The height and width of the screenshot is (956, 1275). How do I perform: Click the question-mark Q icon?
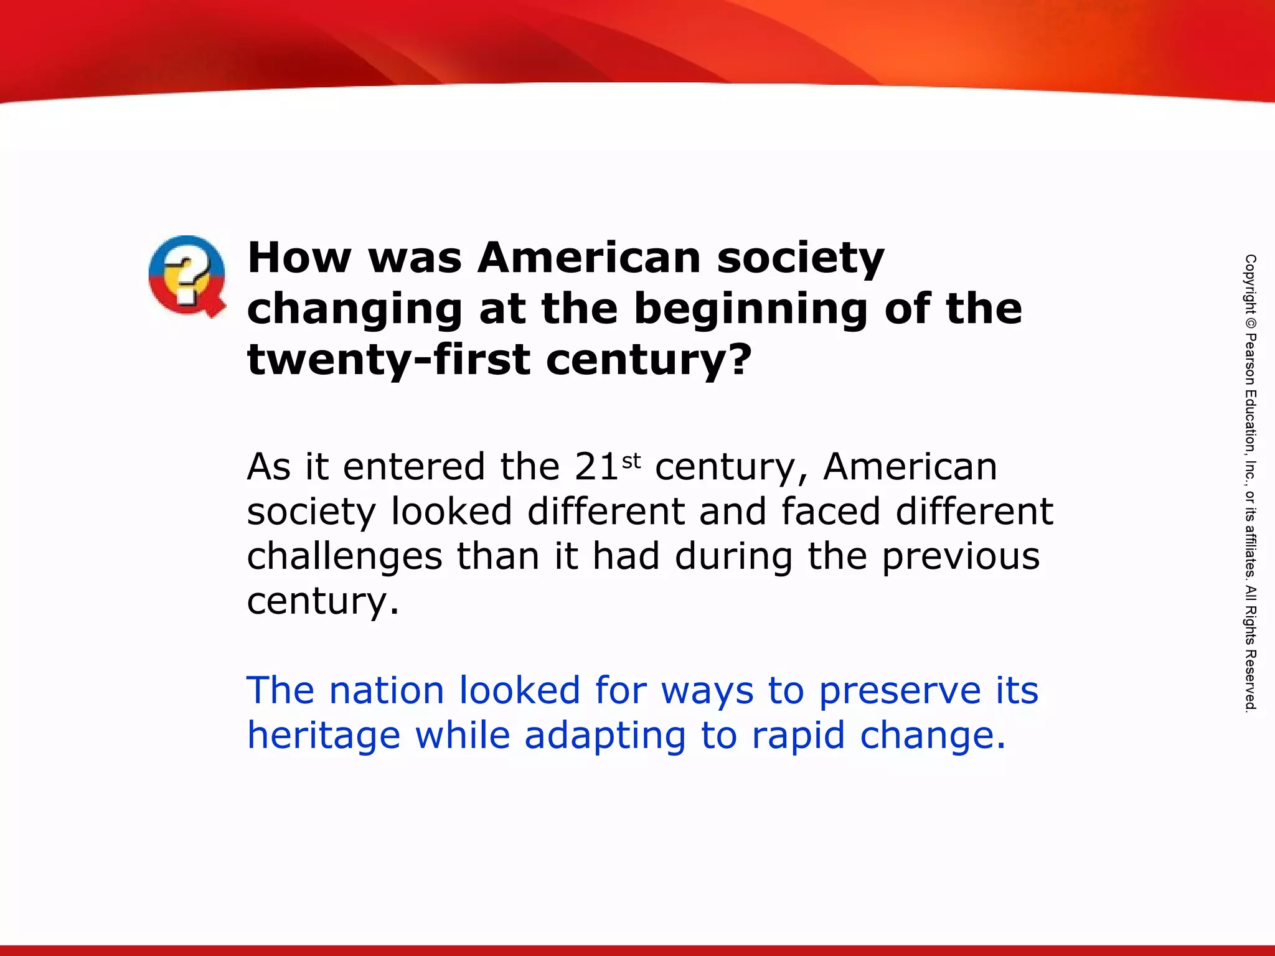coord(187,276)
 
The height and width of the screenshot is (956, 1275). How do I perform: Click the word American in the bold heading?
coord(589,257)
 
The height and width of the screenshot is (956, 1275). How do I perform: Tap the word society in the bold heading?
coord(801,258)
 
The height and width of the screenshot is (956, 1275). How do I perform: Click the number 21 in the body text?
coord(596,467)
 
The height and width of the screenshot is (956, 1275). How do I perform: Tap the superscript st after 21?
coord(631,461)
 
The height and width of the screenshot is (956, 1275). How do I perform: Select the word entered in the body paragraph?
coord(414,467)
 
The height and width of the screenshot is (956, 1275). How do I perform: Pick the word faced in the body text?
coord(831,512)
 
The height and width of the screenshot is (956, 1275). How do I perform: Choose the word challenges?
coord(344,556)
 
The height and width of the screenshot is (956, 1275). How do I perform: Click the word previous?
coord(961,556)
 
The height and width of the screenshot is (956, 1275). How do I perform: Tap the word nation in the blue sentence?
coord(386,691)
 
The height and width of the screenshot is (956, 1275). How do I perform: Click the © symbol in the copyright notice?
coord(1250,324)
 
